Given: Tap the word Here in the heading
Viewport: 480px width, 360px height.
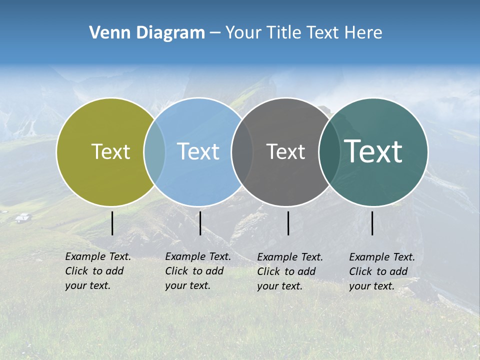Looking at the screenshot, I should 363,33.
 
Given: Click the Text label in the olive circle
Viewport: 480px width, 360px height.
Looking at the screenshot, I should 110,151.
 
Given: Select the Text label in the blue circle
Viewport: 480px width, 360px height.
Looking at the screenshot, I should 198,151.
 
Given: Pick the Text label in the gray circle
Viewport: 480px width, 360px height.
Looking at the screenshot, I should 285,151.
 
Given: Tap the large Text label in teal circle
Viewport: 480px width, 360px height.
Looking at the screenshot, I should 373,151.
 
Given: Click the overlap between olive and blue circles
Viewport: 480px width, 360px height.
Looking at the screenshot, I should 154,151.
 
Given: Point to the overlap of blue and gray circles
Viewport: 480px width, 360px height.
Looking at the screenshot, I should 242,151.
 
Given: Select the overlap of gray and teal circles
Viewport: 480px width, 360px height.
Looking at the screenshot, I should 329,151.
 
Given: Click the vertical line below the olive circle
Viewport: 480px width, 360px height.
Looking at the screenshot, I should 112,223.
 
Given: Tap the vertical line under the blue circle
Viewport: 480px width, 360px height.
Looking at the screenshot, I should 200,223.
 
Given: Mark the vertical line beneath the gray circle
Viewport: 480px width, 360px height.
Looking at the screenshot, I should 288,223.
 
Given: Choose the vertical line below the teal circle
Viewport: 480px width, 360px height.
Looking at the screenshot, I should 372,223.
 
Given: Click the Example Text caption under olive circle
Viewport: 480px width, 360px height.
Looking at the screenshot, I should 97,271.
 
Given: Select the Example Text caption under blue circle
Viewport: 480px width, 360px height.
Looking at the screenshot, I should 197,271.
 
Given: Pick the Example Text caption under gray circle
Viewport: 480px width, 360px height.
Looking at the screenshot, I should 289,271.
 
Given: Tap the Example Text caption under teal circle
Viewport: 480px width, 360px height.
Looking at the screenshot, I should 381,271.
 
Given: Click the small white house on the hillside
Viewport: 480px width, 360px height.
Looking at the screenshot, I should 23,217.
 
